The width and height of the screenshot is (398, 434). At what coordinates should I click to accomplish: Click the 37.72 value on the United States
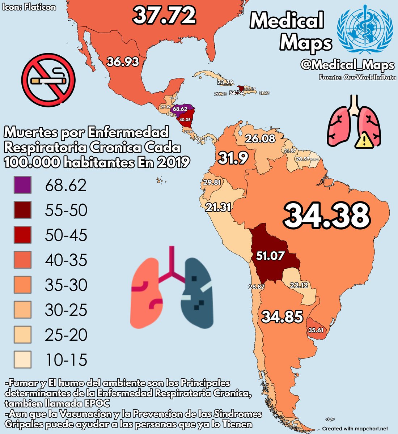point(164,16)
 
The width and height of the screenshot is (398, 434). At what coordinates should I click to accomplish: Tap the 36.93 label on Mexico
point(123,62)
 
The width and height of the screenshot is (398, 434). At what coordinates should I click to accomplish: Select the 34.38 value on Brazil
point(326,216)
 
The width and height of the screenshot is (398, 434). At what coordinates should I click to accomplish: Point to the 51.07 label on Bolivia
point(270,256)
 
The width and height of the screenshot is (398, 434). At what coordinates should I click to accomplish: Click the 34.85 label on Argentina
point(282,317)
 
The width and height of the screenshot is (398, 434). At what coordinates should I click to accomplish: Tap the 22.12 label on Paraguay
point(299,285)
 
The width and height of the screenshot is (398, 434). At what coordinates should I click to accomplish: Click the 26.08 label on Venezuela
point(260,139)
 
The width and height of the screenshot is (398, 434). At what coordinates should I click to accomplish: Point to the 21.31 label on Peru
point(218,208)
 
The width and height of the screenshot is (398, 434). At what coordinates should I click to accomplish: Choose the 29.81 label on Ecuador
point(212,183)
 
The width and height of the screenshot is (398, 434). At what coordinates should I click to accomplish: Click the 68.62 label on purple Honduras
point(180,109)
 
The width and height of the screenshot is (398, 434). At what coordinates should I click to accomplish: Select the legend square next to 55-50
point(22,210)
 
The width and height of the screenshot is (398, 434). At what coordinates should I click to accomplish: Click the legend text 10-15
point(66,360)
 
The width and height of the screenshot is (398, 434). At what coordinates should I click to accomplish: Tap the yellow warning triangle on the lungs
point(364,140)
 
